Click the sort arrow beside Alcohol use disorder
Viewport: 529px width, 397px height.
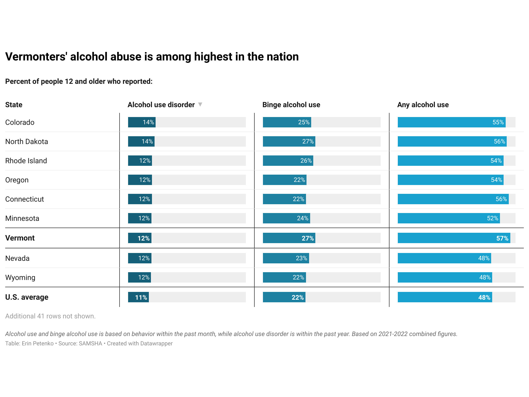pos(200,104)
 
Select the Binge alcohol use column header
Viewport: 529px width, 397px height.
pos(291,105)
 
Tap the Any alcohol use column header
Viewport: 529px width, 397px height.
pos(423,105)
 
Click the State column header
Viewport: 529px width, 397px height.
pos(14,105)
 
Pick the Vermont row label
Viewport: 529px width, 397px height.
pos(20,238)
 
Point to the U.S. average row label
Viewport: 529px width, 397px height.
pos(27,297)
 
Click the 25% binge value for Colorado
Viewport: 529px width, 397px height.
pos(304,122)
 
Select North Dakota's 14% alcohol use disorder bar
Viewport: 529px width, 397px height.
pos(141,141)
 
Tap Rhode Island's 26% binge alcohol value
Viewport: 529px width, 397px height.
pos(306,161)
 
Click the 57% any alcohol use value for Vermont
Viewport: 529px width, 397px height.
pos(502,238)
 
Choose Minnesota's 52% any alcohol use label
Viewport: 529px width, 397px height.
pos(492,218)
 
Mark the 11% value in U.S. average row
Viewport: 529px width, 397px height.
pos(141,297)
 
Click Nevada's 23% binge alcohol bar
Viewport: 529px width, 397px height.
pos(286,258)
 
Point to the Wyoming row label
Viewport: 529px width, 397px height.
pos(20,277)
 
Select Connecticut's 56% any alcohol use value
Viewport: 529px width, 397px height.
pos(501,199)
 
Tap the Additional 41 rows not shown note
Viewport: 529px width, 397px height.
pos(50,316)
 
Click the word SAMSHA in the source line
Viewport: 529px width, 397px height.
pos(90,343)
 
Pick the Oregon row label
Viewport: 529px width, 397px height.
pos(17,180)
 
